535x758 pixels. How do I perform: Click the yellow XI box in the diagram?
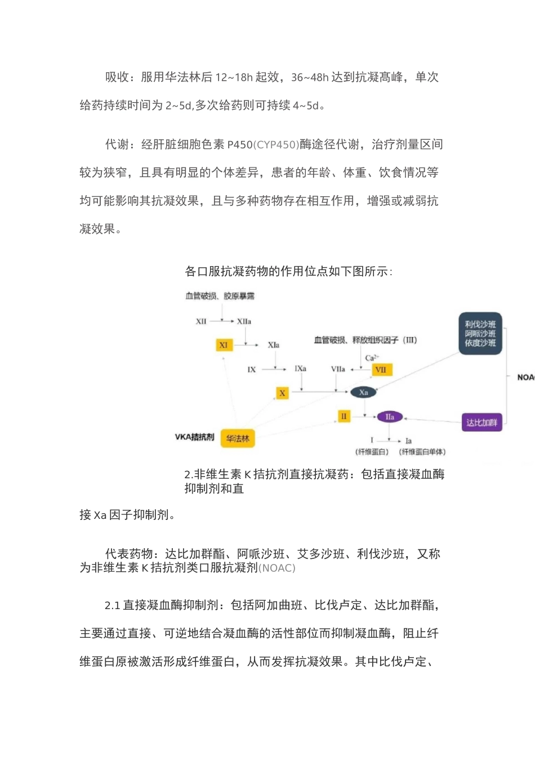click(224, 345)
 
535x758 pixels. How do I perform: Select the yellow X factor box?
click(282, 393)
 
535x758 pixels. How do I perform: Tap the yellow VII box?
click(381, 370)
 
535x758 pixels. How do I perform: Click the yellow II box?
click(344, 417)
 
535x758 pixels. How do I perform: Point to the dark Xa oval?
click(364, 393)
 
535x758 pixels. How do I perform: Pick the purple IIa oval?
click(390, 417)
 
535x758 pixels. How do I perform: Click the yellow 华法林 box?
click(238, 438)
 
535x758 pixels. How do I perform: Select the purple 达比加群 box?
click(481, 422)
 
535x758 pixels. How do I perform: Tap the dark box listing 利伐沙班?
click(480, 333)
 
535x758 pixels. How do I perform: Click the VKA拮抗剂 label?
click(194, 437)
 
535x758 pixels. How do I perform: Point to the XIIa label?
click(244, 321)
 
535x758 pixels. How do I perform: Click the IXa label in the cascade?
click(301, 369)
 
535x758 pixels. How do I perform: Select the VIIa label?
click(338, 369)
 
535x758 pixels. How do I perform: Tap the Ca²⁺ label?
click(372, 358)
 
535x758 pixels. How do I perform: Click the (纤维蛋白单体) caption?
click(422, 452)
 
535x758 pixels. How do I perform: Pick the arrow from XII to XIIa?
click(223, 321)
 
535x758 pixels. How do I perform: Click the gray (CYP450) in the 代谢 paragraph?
click(276, 145)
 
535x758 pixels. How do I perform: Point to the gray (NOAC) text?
click(277, 568)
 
